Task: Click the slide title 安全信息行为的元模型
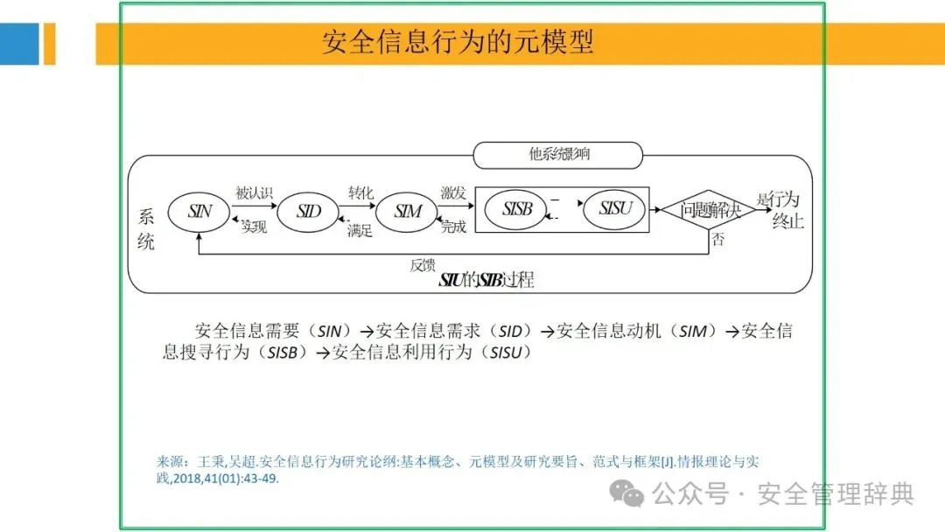[x=458, y=42]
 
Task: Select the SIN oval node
[x=200, y=211]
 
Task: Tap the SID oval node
[x=308, y=211]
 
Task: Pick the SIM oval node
[x=408, y=211]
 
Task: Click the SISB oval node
[x=517, y=210]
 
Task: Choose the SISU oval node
[x=620, y=210]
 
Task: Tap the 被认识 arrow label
[x=255, y=192]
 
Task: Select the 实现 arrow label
[x=255, y=227]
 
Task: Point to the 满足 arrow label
[x=360, y=230]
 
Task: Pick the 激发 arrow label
[x=453, y=192]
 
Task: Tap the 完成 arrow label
[x=453, y=227]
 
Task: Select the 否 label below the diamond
[x=717, y=239]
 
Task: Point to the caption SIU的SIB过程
[x=486, y=281]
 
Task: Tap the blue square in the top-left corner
[x=19, y=44]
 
